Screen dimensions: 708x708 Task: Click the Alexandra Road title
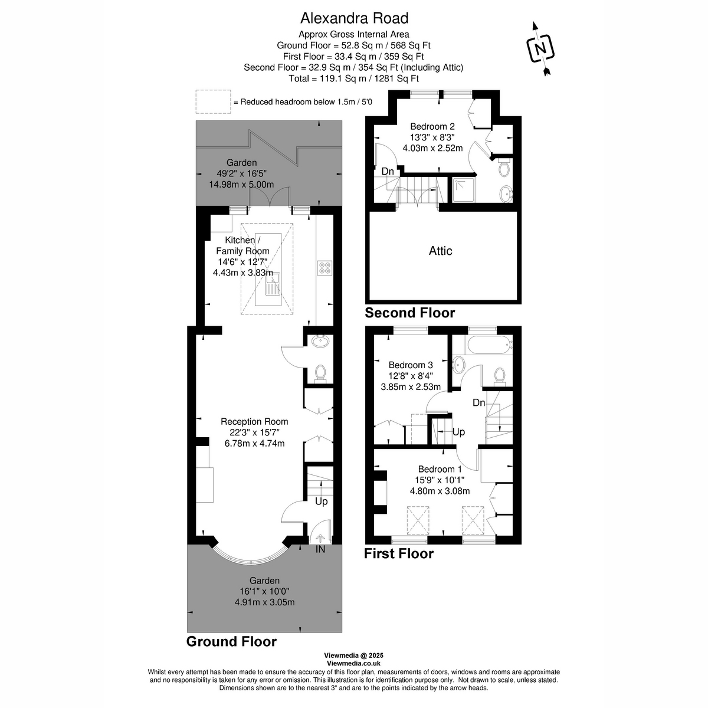coord(353,18)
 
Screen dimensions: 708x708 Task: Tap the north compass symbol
coord(540,48)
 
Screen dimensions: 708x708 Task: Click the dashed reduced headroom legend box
coord(213,101)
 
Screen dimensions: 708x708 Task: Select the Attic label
coord(440,251)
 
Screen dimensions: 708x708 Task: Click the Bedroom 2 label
coord(432,126)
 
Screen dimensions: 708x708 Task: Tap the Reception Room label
coord(254,421)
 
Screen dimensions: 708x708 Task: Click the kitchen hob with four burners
coord(324,268)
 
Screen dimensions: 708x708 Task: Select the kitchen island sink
coord(273,287)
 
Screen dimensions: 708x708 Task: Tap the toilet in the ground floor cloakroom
coord(320,373)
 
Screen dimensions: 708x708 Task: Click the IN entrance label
coord(320,550)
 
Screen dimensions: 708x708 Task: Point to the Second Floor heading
coord(410,313)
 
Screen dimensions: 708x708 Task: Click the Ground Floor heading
coord(231,641)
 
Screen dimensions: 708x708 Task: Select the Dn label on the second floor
coord(388,171)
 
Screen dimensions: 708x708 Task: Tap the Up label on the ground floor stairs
coord(321,501)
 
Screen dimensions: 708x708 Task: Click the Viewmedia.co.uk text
coord(353,663)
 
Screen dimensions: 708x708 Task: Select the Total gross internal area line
coord(353,78)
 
